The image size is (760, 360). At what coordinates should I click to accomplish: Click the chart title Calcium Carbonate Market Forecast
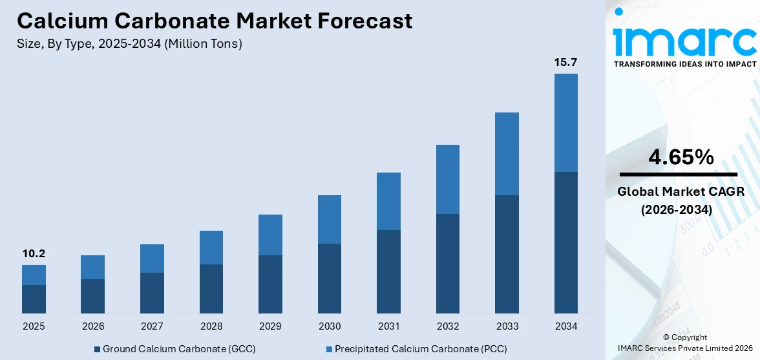coord(215,21)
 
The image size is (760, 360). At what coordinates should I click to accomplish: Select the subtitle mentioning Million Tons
coord(130,44)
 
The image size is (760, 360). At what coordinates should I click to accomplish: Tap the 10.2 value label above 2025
coord(34,253)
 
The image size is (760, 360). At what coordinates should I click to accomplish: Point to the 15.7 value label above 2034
coord(565,62)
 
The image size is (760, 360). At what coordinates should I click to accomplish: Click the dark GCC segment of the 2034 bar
coord(565,242)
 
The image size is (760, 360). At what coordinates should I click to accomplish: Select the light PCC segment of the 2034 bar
coord(565,123)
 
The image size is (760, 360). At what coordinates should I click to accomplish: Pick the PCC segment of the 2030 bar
coord(330,219)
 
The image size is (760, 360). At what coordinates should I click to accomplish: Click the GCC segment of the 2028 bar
coord(211,289)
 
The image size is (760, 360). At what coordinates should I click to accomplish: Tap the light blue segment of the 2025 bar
coord(34,275)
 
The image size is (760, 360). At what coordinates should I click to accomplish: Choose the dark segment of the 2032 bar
coord(448,264)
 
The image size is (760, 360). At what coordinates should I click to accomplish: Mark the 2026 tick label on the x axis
coord(93,326)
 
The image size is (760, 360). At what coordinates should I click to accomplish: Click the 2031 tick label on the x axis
coord(388,326)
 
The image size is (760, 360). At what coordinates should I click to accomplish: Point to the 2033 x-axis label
coord(507,326)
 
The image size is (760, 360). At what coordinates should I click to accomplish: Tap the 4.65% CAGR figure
coord(681,157)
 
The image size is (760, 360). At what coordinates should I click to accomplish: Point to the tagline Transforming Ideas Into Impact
coord(684,64)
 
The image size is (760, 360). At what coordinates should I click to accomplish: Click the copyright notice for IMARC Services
coord(684,343)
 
